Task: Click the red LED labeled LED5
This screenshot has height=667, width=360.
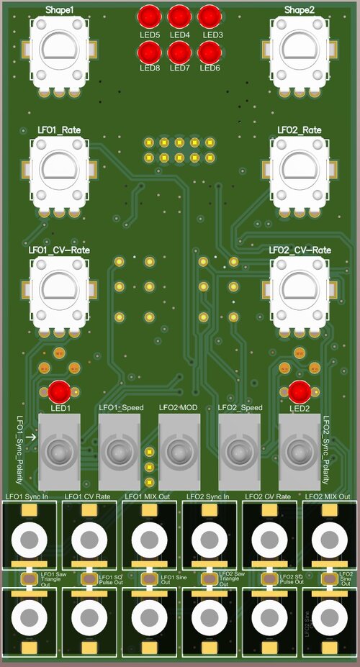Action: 149,17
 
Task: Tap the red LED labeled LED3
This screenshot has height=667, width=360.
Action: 210,17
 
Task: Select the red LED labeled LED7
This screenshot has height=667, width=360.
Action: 179,52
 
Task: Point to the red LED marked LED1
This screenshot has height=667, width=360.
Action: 59,391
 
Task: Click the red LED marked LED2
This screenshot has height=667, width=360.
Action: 300,391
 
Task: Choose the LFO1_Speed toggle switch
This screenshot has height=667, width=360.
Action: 118,453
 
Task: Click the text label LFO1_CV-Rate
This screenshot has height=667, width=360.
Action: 59,250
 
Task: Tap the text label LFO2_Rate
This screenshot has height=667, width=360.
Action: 300,130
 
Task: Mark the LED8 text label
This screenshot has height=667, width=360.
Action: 149,68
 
